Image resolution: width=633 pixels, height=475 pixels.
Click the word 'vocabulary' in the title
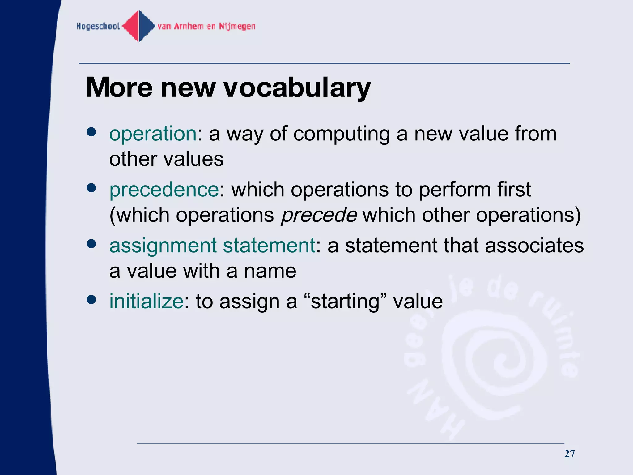(297, 88)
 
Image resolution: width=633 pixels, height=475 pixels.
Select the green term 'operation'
(153, 134)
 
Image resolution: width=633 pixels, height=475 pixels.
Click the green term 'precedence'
(164, 190)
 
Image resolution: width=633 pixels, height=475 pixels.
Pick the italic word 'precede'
(319, 215)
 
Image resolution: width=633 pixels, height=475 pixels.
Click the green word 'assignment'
(163, 246)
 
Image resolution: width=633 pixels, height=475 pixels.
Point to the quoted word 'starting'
(345, 302)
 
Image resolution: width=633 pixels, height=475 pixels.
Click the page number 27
(569, 454)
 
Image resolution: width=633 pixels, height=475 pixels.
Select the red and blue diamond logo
(139, 26)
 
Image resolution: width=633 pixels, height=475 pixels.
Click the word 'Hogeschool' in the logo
(98, 26)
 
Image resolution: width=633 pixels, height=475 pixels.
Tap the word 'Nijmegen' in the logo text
(237, 26)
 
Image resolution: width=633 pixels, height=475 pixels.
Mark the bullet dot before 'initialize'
(91, 299)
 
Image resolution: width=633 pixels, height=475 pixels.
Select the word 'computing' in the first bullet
(341, 134)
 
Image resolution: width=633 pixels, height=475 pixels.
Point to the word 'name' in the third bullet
(270, 271)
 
